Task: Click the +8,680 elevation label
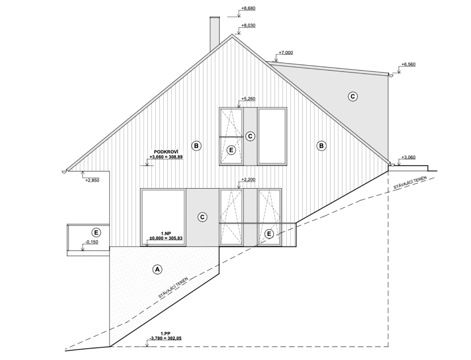coord(249,9)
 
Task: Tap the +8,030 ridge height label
coord(249,26)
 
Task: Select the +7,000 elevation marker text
coord(286,53)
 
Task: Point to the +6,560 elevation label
coord(408,64)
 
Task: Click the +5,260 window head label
coord(249,99)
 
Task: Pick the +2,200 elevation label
coord(249,179)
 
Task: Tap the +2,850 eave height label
coord(92,180)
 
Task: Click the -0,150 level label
coord(92,242)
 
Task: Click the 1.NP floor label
coord(166,233)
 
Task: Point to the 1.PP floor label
coord(165,334)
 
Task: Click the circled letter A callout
coord(157,269)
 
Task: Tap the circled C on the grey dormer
coord(352,97)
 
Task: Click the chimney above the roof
coord(215,34)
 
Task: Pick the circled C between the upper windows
coord(250,136)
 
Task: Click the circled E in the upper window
coord(231,150)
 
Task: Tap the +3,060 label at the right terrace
coord(408,157)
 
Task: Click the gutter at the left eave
coord(64,172)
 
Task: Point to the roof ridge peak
coord(232,35)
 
